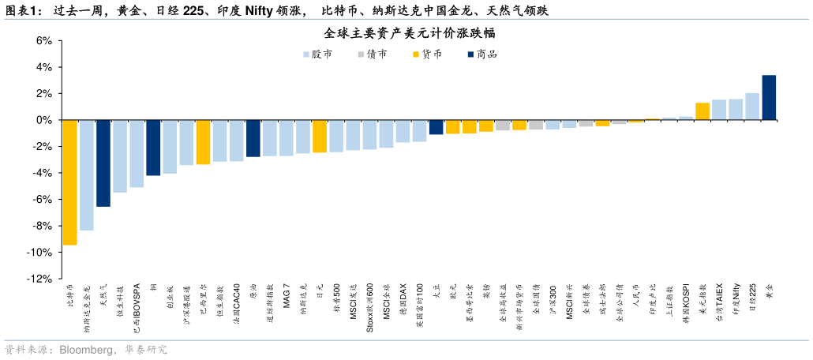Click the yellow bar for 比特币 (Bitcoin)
pos(70,182)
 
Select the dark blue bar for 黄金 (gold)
pos(769,98)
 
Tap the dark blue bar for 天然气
pos(103,163)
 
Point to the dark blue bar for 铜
pos(153,148)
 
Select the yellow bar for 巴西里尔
pos(203,142)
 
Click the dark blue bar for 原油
pos(253,138)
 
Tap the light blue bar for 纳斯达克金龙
pos(87,175)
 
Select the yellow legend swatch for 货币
pos(416,54)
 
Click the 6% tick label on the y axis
pos(43,41)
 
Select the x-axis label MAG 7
pos(287,295)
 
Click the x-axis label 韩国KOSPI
pos(686,301)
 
